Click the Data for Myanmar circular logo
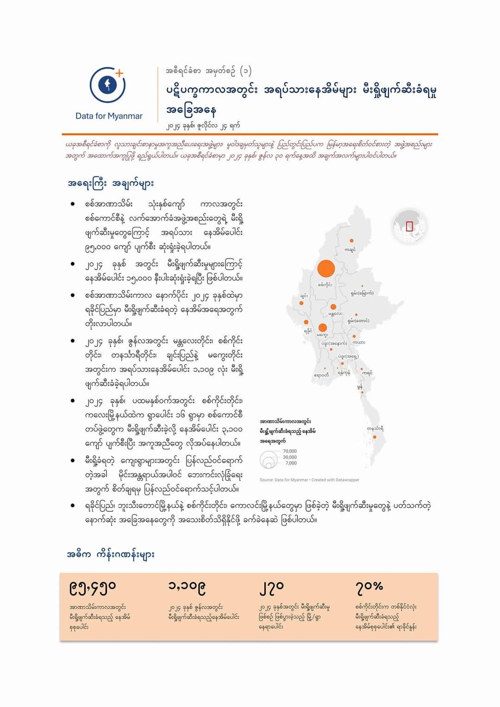[x=108, y=85]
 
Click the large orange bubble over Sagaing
[x=326, y=269]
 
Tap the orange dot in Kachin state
[x=352, y=240]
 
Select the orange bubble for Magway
[x=323, y=328]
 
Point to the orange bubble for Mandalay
[x=333, y=307]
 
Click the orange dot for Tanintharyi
[x=375, y=437]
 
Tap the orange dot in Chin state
[x=301, y=303]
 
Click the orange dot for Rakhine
[x=306, y=322]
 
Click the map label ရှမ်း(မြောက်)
[x=362, y=293]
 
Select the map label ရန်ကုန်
[x=344, y=372]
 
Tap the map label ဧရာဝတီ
[x=321, y=375]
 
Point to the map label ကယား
[x=359, y=342]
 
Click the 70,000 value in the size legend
[x=290, y=451]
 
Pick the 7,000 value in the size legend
[x=291, y=463]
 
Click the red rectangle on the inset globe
[x=409, y=226]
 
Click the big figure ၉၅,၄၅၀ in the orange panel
[x=93, y=587]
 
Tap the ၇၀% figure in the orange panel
[x=369, y=587]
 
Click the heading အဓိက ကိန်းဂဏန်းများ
[x=111, y=555]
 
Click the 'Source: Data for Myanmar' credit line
[x=309, y=480]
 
